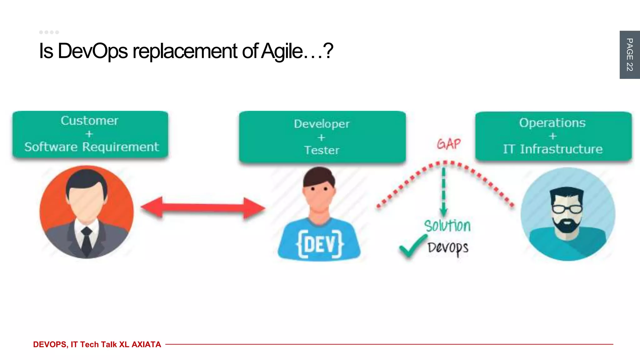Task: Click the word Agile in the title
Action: [282, 51]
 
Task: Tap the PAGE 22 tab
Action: [629, 55]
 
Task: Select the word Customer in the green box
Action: [89, 121]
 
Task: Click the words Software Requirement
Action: [92, 147]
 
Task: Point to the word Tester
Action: [322, 150]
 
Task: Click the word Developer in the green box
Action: [322, 124]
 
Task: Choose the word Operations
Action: [552, 123]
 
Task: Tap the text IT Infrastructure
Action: [552, 149]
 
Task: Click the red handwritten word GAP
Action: [449, 144]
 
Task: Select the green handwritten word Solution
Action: [447, 226]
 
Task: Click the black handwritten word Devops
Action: [448, 248]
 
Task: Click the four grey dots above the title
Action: [49, 32]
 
